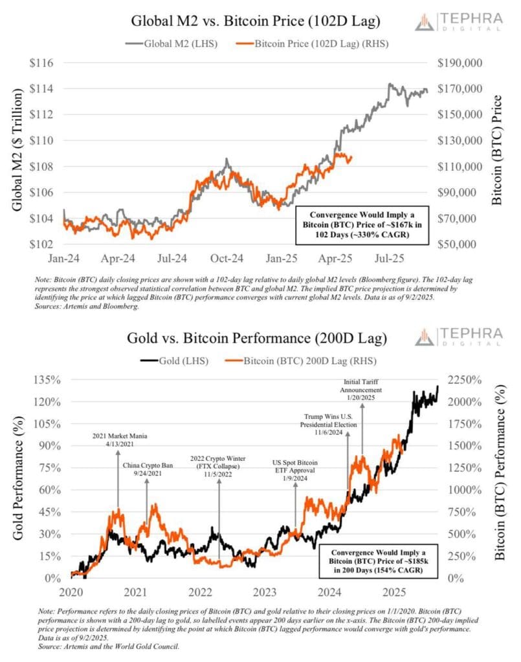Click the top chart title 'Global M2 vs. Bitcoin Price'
(256, 21)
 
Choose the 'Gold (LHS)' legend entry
(175, 360)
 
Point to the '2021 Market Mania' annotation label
(118, 441)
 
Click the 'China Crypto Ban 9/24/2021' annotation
(147, 469)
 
